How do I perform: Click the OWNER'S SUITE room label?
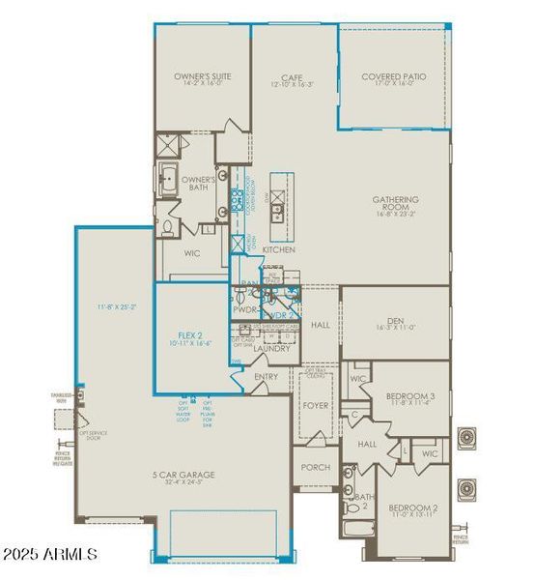tap(202, 76)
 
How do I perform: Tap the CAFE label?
tap(292, 76)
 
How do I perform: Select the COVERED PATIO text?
tap(393, 76)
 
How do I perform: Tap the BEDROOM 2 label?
tap(413, 507)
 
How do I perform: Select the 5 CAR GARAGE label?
tap(183, 475)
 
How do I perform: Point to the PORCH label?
tap(315, 466)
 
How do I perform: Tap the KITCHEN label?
tap(279, 249)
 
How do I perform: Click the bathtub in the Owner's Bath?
tap(168, 181)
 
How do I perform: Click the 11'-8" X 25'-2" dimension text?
tap(116, 306)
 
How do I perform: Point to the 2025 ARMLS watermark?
tap(50, 554)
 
